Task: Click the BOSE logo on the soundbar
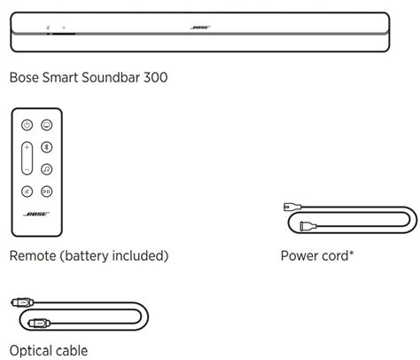200,27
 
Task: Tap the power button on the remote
27,125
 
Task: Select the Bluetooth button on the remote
47,146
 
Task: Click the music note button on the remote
47,168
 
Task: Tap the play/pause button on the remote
47,190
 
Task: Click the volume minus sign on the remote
27,168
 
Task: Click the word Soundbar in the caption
108,78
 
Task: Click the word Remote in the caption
33,257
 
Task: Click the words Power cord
314,257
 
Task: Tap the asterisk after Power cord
353,254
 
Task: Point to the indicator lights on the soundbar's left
55,27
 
